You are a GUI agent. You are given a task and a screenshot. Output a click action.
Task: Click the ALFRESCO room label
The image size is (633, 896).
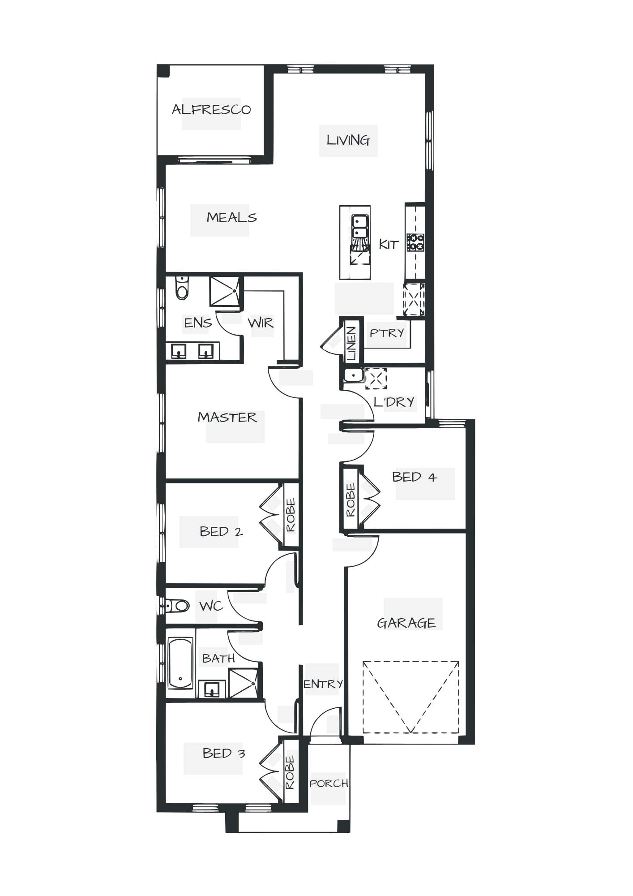[x=211, y=110]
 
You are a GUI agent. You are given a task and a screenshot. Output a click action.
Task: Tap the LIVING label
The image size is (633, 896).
[x=348, y=140]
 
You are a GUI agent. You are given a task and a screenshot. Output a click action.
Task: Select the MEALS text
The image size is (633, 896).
[x=231, y=218]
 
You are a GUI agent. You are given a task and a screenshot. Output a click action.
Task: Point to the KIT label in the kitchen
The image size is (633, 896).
[x=388, y=245]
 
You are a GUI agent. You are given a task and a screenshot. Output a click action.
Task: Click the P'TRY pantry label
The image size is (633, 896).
[x=387, y=333]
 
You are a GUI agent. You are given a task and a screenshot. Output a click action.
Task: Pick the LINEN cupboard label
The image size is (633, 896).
[x=352, y=343]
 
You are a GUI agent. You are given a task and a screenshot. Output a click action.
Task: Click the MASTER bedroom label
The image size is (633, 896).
[x=227, y=418]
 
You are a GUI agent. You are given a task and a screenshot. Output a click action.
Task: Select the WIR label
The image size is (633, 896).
[x=261, y=322]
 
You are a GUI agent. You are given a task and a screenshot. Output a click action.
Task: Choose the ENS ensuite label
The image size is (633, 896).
[x=197, y=323]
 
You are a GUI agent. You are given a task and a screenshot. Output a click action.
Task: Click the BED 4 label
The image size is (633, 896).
[x=415, y=477]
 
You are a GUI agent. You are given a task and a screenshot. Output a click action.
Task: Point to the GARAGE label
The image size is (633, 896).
[x=406, y=623]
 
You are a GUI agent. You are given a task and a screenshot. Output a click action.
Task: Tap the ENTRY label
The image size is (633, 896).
[x=322, y=684]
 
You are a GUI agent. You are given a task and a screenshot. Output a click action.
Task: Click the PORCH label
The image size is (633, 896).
[x=329, y=784]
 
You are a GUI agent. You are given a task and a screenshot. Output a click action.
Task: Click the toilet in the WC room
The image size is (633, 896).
[x=177, y=607]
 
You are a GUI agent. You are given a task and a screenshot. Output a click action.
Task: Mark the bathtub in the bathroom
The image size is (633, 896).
[x=180, y=663]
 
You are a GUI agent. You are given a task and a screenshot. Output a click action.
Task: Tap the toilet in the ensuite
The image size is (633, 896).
[x=181, y=287]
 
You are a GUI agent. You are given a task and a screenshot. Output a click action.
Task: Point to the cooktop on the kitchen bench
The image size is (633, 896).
[x=415, y=242]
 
